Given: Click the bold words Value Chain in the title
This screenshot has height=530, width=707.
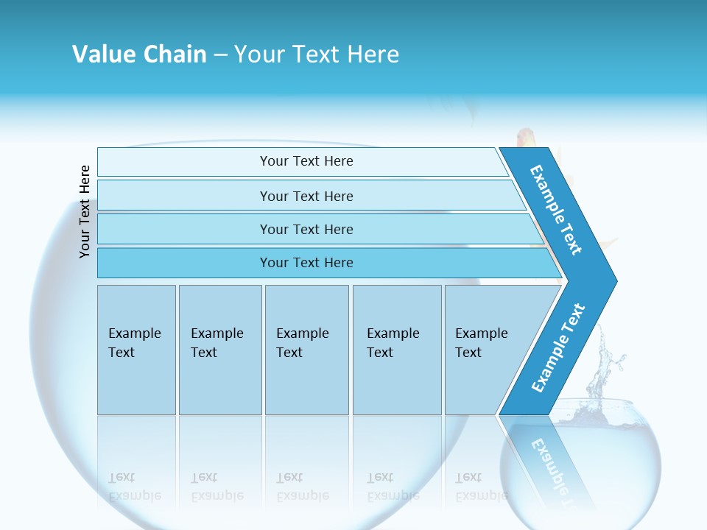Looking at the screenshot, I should pyautogui.click(x=139, y=54).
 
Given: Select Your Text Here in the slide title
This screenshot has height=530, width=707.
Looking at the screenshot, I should pyautogui.click(x=317, y=54).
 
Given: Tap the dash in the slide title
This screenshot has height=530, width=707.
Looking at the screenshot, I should pyautogui.click(x=220, y=55).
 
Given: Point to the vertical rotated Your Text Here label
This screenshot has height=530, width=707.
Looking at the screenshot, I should pyautogui.click(x=85, y=211).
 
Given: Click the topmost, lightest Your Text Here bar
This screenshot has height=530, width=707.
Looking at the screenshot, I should pyautogui.click(x=306, y=161).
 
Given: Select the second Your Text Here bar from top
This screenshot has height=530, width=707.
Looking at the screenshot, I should pyautogui.click(x=306, y=196).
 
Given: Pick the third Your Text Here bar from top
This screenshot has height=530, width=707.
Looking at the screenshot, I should pyautogui.click(x=306, y=229).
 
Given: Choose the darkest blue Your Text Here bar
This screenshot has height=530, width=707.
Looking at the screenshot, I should pyautogui.click(x=306, y=263).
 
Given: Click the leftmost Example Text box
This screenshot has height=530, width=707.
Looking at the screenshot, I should pyautogui.click(x=136, y=349).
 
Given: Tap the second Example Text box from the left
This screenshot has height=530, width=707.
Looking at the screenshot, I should pyautogui.click(x=219, y=349).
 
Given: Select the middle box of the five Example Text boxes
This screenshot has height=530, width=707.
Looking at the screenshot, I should pyautogui.click(x=306, y=349).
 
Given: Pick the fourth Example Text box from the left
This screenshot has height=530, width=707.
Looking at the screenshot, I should pyautogui.click(x=396, y=349).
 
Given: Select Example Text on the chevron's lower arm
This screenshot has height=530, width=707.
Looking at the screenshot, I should pyautogui.click(x=558, y=348).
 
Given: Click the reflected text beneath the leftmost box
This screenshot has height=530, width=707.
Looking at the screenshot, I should pyautogui.click(x=134, y=487).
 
